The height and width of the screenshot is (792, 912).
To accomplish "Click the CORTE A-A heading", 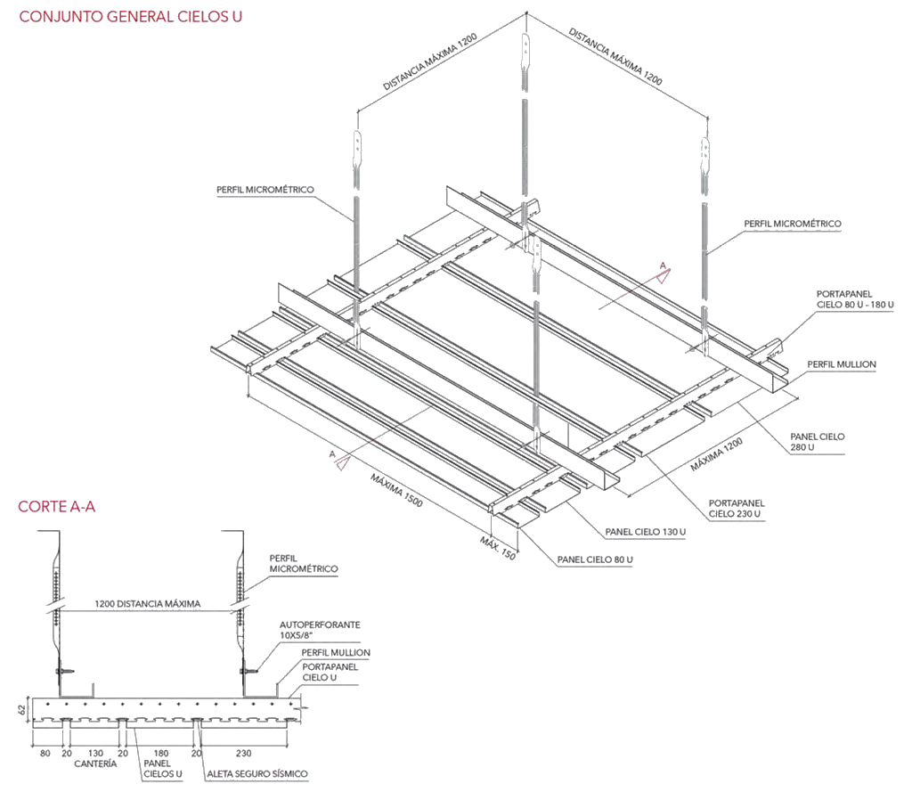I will (x=56, y=507).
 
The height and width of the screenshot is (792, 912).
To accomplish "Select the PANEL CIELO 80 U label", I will (x=595, y=559).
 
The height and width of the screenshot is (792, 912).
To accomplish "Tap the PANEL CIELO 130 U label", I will (x=646, y=532).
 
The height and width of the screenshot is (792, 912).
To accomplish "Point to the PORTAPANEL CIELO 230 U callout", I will (x=735, y=508).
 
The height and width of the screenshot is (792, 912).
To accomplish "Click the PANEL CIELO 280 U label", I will (x=818, y=443).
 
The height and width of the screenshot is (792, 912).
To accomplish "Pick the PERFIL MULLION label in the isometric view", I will (x=842, y=364).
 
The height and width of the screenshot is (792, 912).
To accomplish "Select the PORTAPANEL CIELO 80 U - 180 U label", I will (x=855, y=299).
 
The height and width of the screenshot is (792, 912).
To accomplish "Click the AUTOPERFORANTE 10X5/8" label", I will (x=320, y=631).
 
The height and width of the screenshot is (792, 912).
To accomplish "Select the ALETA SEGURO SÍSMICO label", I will (x=257, y=773).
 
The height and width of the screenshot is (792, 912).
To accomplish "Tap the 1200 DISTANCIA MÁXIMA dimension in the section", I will (x=147, y=603).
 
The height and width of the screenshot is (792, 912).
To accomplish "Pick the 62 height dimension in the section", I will (x=20, y=709).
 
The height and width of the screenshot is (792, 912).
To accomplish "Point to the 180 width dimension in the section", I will (x=162, y=752).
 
